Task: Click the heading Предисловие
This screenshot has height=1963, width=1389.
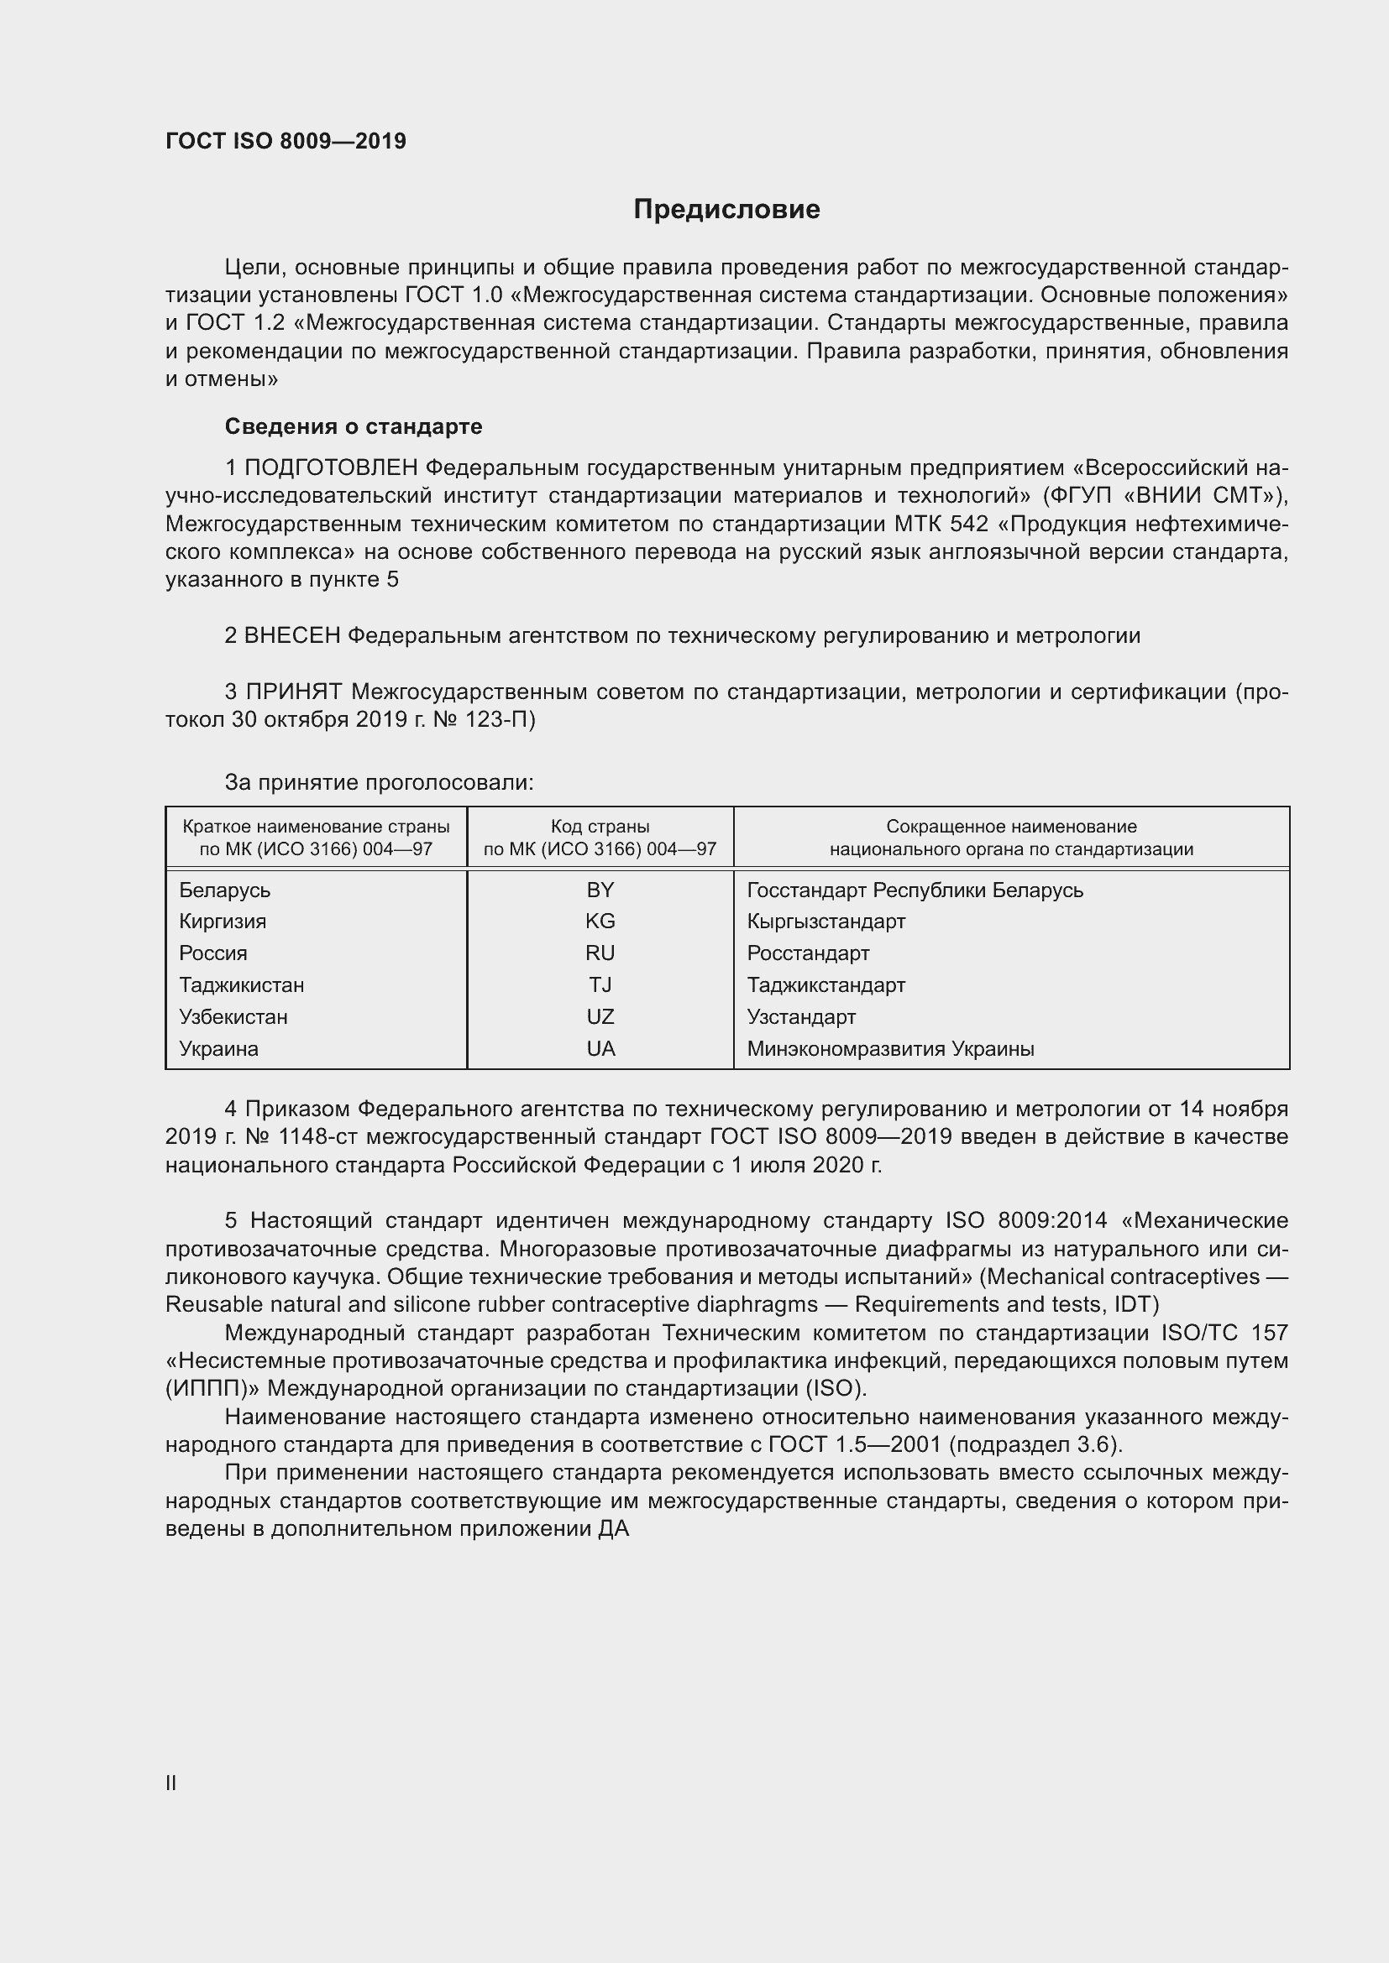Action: pos(726,210)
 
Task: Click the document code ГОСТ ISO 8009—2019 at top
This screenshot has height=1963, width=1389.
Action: pos(286,141)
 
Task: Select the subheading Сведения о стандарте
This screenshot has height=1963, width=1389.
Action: pos(354,425)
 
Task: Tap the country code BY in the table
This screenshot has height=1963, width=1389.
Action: pos(600,890)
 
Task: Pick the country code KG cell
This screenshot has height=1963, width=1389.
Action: pos(600,921)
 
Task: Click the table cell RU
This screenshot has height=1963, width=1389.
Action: pos(600,953)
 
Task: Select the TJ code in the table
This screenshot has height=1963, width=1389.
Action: pos(600,985)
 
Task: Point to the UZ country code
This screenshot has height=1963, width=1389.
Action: pos(600,1016)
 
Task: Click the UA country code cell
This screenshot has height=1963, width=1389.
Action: pos(600,1048)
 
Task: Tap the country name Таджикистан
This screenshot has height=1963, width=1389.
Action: pos(241,985)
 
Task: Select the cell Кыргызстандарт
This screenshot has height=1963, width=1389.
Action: pos(826,921)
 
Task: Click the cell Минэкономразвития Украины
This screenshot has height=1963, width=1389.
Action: pos(890,1048)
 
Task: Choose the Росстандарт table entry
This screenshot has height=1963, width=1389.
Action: pos(807,953)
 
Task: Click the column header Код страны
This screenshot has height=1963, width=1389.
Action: pos(600,827)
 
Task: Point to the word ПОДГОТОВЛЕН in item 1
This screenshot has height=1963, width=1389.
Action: pos(331,467)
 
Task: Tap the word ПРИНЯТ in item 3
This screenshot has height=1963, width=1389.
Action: pos(293,691)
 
